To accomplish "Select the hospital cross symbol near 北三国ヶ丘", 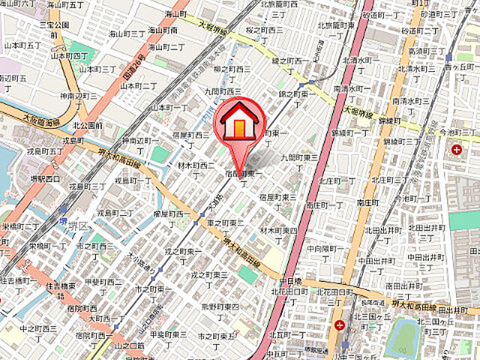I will [x=340, y=325].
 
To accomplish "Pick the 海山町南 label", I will [x=163, y=31].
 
